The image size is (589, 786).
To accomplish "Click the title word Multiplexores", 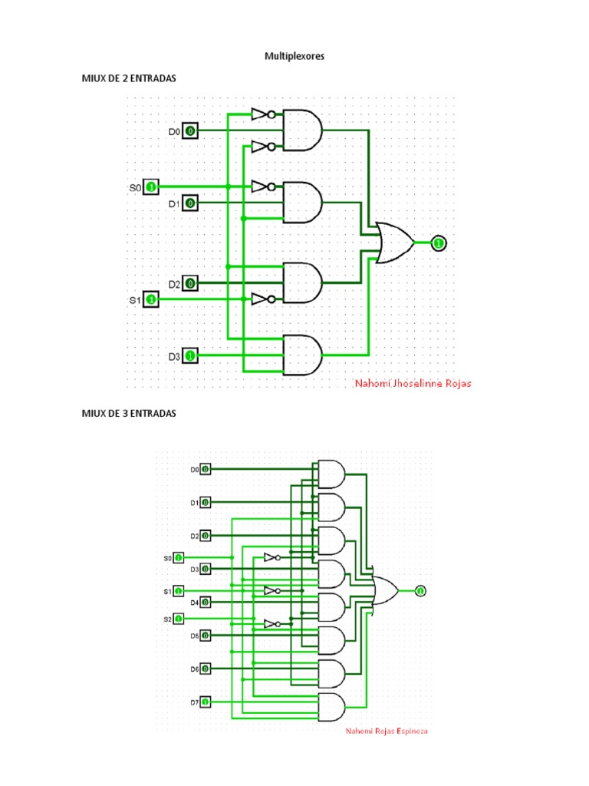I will [x=294, y=56].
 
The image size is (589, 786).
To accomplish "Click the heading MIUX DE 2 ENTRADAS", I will [x=130, y=78].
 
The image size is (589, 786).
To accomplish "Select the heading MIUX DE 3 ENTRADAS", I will [x=130, y=413].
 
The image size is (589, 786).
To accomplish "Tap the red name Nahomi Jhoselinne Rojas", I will [x=413, y=383].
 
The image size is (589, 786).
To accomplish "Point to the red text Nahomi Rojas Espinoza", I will [x=387, y=731].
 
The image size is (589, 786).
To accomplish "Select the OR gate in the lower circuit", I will [x=384, y=591].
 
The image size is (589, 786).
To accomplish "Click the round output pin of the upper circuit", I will [x=438, y=243].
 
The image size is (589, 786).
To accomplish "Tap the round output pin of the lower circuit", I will [x=420, y=590].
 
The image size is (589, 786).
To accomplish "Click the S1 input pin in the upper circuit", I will [x=152, y=299].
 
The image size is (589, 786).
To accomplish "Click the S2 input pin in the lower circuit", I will [x=178, y=618].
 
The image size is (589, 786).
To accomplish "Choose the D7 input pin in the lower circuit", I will [x=205, y=702].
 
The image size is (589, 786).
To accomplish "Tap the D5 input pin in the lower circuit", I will [x=205, y=636].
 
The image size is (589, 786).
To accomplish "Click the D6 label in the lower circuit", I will [x=195, y=669].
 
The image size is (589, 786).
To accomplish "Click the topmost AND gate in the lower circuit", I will [x=331, y=474].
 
